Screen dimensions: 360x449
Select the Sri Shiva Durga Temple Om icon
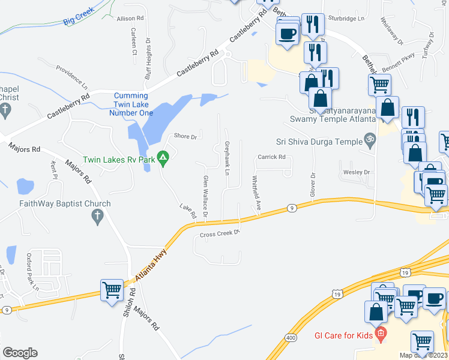[x=370, y=142]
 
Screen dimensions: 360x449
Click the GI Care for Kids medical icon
[x=380, y=334]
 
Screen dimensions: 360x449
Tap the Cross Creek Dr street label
[x=220, y=234]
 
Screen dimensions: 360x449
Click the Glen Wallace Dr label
[x=205, y=196]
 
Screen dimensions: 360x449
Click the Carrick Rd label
[x=272, y=157]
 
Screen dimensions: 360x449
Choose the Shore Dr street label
[x=185, y=137]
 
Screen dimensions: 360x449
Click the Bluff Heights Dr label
[x=147, y=60]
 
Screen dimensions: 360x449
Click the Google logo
[x=20, y=353]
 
